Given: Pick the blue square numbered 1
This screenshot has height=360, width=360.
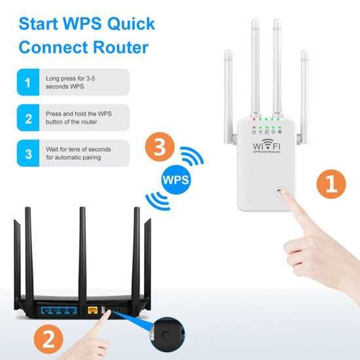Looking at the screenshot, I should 27,82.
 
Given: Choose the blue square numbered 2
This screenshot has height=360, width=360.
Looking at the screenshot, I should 27,118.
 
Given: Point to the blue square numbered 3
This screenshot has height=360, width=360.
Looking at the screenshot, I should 27,154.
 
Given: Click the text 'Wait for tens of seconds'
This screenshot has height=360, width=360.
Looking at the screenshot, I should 79,149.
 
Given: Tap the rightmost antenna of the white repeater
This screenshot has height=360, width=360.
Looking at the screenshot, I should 305,92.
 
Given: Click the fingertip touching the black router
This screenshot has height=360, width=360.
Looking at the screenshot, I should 106,315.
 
